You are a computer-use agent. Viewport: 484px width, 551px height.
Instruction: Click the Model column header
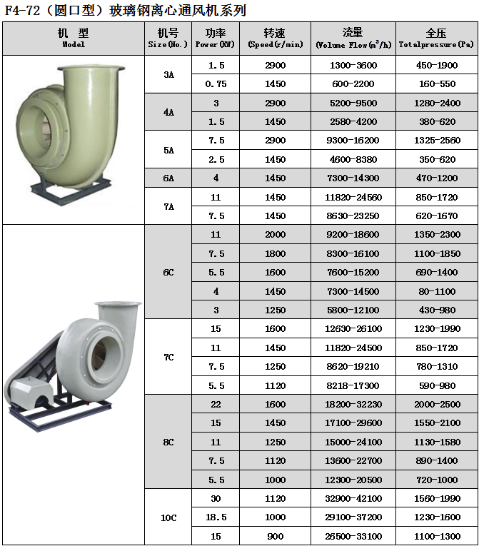pos(74,39)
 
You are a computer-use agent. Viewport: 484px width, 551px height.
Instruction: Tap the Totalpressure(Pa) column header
pos(436,39)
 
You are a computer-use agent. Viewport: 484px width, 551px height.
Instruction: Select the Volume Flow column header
pos(353,39)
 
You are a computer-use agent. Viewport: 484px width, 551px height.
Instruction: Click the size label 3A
pos(168,74)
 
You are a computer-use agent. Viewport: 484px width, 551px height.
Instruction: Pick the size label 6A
pos(168,178)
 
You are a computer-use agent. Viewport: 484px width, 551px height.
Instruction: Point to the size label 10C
pos(168,517)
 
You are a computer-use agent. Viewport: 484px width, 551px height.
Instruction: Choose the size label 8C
pos(168,442)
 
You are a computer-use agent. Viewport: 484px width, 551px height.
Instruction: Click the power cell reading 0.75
pos(216,84)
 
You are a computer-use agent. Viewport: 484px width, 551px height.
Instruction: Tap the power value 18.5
pos(216,517)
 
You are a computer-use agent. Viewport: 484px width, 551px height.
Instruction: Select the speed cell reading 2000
pos(275,234)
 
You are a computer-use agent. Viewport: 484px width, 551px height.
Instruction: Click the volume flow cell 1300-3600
pos(353,65)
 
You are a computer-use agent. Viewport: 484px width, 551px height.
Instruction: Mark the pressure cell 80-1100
pos(436,291)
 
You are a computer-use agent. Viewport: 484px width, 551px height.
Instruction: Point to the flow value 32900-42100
pos(353,498)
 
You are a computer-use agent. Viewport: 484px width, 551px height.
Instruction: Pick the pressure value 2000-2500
pos(436,404)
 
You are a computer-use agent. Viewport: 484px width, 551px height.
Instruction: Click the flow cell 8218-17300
pos(353,385)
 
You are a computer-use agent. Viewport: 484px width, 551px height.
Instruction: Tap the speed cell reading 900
pos(275,536)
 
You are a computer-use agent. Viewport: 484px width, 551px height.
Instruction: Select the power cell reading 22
pos(216,404)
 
